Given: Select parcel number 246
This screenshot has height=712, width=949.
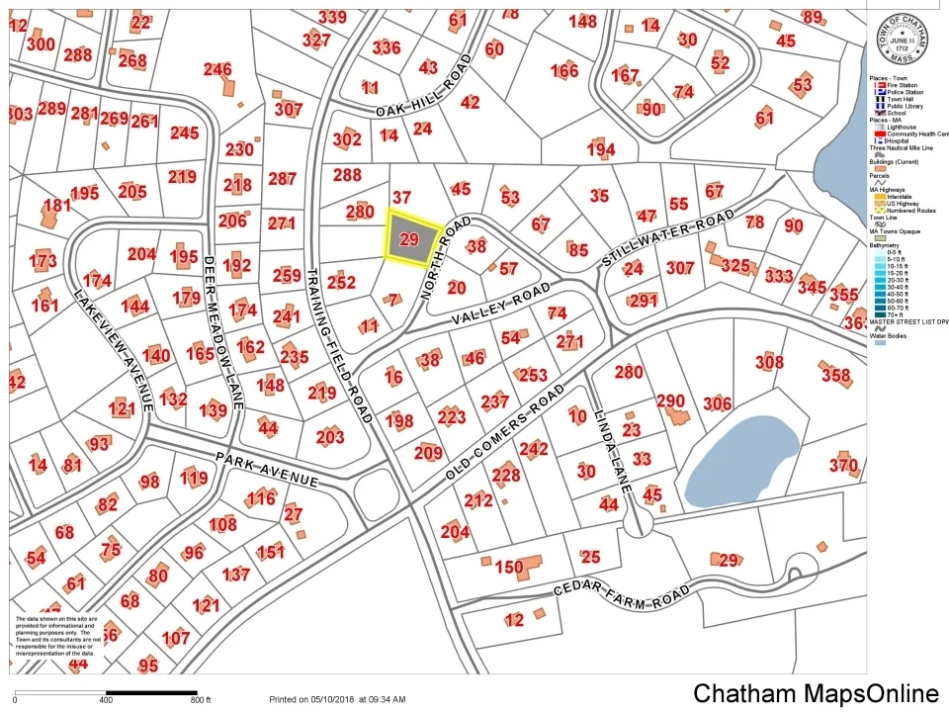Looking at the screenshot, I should pos(217,70).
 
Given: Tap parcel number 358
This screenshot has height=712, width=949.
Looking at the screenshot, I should pos(835,375).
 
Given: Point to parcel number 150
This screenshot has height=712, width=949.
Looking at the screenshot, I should pos(508,568).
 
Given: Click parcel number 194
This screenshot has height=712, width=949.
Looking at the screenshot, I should pos(600,150).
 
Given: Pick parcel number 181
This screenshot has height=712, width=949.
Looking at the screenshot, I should pos(57,206).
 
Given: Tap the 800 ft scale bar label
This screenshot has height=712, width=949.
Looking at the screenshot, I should pos(201,699).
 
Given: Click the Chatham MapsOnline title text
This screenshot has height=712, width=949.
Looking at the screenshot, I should pos(816,693).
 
